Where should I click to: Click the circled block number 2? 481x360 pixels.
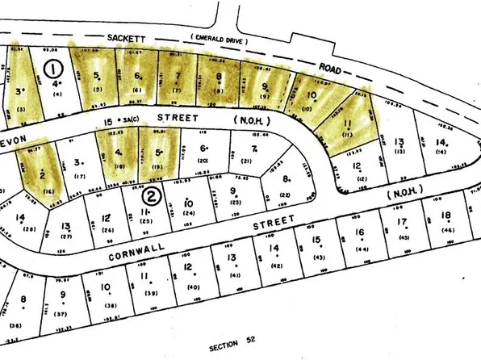click(150, 195)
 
